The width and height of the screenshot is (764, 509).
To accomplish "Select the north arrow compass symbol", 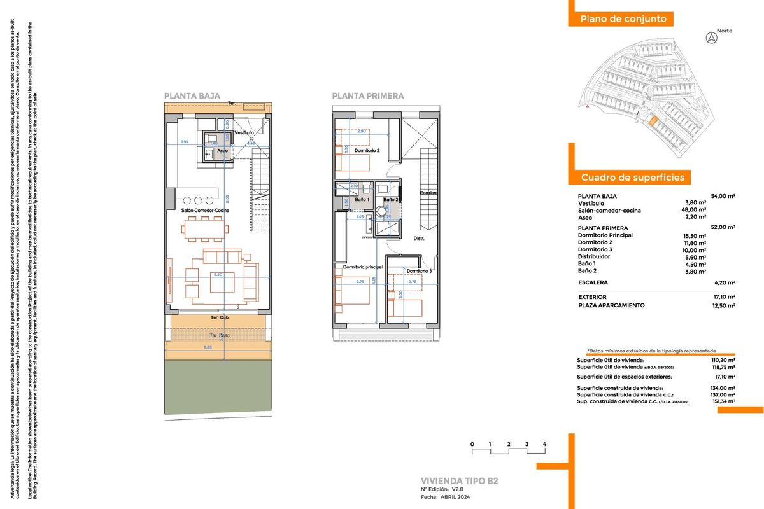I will (x=711, y=38).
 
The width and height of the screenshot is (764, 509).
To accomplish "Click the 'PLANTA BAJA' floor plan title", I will (x=192, y=96).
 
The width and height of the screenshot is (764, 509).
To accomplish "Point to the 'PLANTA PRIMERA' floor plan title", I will (x=367, y=96).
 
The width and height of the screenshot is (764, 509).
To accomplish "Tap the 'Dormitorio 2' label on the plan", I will (x=367, y=151).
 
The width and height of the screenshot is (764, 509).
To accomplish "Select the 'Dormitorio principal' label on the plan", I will (x=362, y=267).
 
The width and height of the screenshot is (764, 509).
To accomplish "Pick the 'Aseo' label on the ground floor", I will (x=223, y=151).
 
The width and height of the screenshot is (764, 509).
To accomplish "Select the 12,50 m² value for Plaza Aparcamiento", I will (x=723, y=305).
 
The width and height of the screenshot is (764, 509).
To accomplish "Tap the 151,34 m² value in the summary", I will (x=723, y=401).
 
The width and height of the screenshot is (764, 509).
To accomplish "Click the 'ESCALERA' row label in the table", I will (x=593, y=282).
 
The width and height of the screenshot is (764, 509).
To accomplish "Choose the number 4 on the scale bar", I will (x=545, y=443).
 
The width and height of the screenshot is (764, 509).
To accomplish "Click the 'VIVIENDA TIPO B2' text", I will (x=459, y=480).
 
